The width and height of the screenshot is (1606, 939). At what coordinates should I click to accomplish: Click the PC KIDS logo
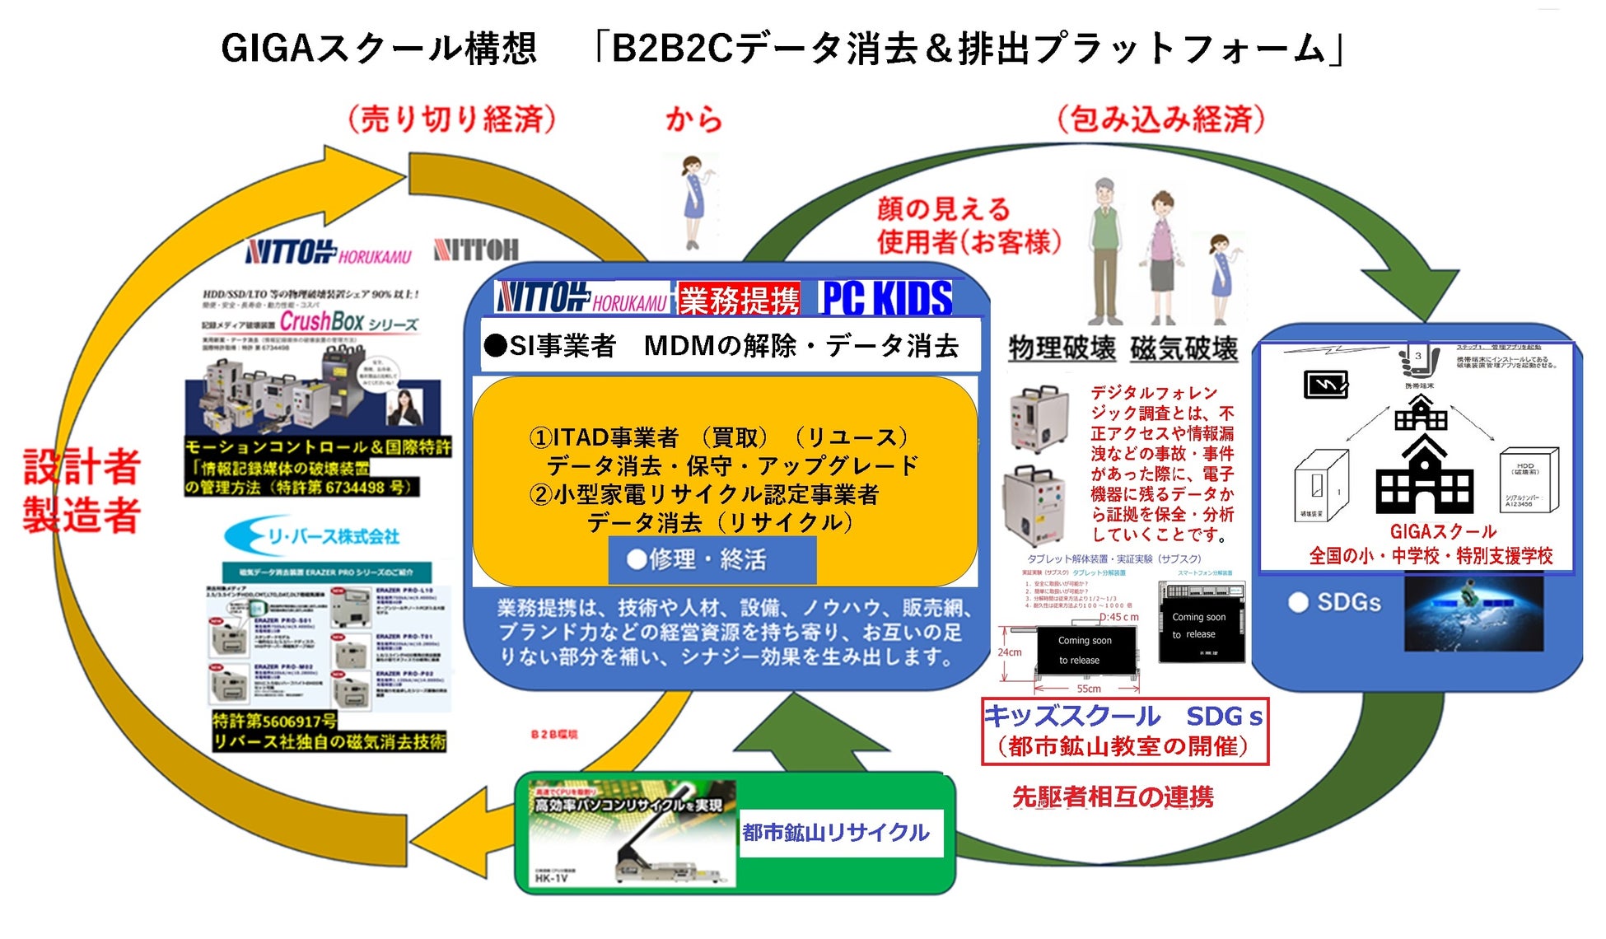[x=886, y=298]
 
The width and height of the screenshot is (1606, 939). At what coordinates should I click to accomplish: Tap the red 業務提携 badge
[x=739, y=300]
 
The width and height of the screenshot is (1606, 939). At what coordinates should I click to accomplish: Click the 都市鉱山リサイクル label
[x=836, y=833]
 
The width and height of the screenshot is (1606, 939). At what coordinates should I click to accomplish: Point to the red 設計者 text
[x=82, y=468]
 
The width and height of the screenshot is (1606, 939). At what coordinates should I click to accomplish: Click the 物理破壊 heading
[x=1062, y=348]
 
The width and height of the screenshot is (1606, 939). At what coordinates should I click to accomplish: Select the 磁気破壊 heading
[x=1183, y=348]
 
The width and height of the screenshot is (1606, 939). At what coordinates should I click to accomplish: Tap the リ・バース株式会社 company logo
[x=312, y=537]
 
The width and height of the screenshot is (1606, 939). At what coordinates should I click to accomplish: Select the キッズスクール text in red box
[x=1072, y=717]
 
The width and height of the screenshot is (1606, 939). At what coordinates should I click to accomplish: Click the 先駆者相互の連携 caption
[x=1113, y=797]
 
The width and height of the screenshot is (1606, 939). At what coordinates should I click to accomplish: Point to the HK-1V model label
[x=552, y=878]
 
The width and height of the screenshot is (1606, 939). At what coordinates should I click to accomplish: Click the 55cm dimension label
[x=1088, y=689]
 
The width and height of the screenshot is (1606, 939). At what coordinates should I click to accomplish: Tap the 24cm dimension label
[x=1010, y=652]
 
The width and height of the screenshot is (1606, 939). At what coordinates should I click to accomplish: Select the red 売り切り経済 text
[x=451, y=120]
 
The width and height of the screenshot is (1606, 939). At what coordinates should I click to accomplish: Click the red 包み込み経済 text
[x=1161, y=120]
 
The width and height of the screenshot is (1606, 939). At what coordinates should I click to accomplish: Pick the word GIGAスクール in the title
[x=379, y=49]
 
